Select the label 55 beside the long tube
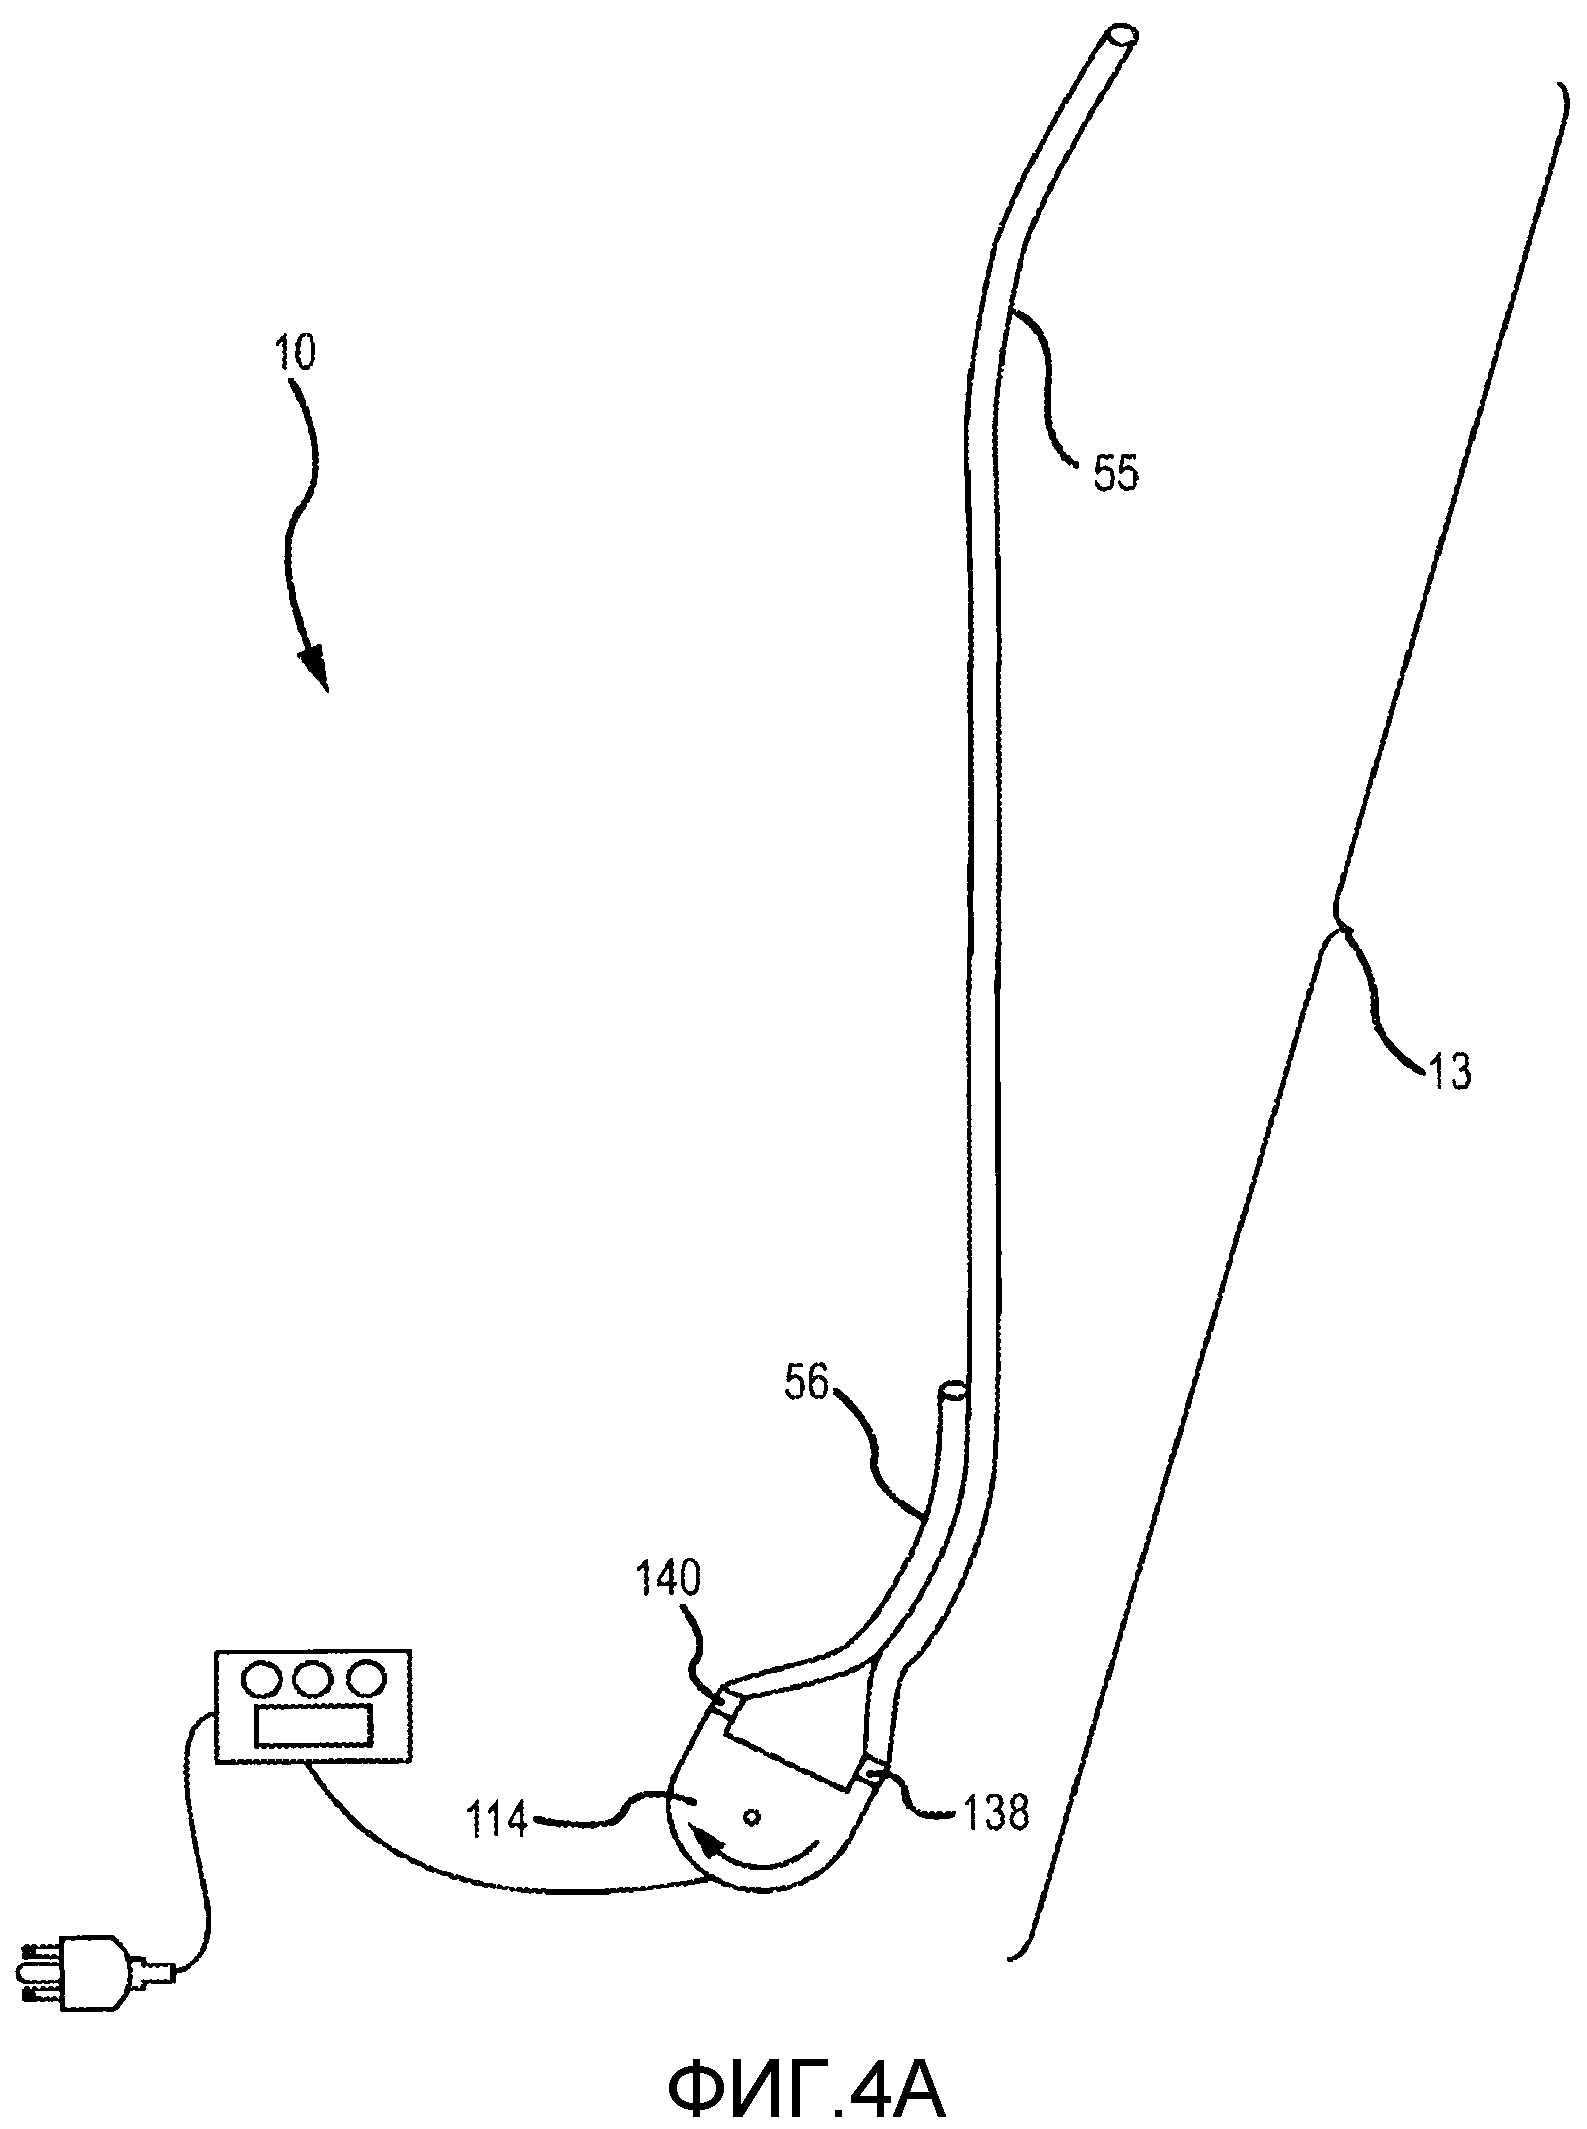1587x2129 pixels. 1115,473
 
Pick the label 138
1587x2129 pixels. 993,1811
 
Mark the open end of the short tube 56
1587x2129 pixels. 953,1389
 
